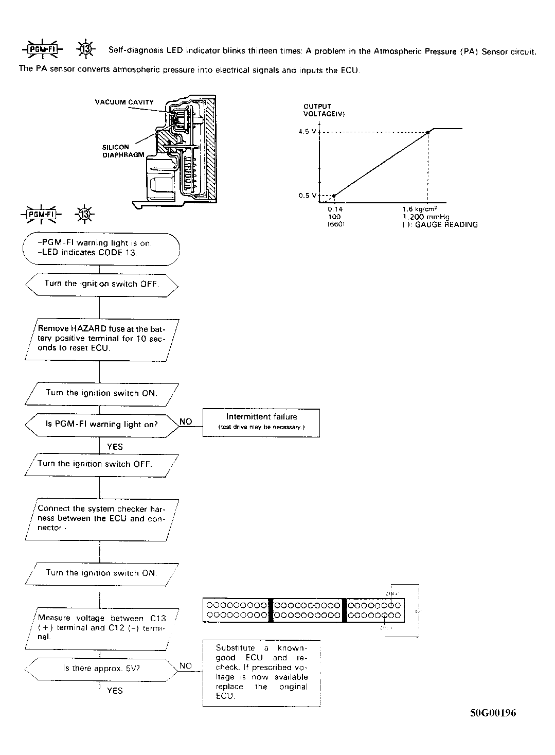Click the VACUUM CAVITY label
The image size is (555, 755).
coord(124,102)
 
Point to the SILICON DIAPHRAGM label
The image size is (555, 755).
coord(123,151)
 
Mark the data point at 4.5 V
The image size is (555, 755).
coord(428,132)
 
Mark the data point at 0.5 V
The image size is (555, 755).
coord(334,196)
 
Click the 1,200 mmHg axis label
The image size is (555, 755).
coord(425,217)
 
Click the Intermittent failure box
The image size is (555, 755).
coord(261,422)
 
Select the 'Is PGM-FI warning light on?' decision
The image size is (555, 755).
coord(102,425)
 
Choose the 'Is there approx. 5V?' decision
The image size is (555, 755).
coord(101,668)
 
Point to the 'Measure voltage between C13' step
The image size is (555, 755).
coord(102,627)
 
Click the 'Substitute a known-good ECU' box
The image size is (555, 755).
coord(261,672)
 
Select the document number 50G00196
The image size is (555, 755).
coord(493,713)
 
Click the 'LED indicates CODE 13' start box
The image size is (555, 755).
coord(101,248)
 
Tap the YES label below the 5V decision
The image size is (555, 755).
coord(115,691)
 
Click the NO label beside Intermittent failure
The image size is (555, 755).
coord(186,422)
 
